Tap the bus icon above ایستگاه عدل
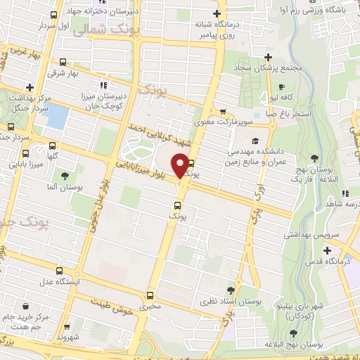tap(59, 271)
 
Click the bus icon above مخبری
tap(150, 295)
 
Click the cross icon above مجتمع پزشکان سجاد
tap(267, 57)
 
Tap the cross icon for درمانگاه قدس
tap(327, 250)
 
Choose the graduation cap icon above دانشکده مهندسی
tap(255, 141)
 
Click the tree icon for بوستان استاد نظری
tap(231, 290)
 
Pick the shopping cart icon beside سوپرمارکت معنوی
tap(222, 111)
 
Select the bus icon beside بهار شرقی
tap(64, 62)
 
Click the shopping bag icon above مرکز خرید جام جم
tap(26, 307)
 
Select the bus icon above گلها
tap(25, 153)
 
